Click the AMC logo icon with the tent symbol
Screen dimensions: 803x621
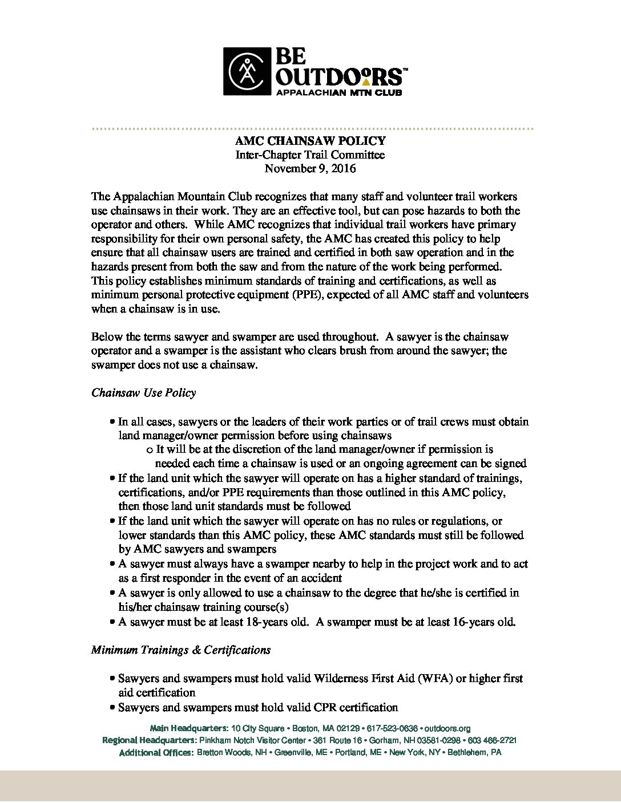pyautogui.click(x=247, y=71)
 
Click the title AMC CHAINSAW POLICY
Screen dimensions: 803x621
pyautogui.click(x=310, y=141)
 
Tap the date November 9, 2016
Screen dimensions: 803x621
pyautogui.click(x=310, y=168)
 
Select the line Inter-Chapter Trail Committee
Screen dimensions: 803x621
pyautogui.click(x=310, y=155)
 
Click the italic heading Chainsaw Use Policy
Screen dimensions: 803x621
pyautogui.click(x=143, y=392)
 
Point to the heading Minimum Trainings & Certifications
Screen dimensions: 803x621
pyautogui.click(x=180, y=650)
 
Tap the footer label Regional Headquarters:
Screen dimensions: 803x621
pyautogui.click(x=149, y=740)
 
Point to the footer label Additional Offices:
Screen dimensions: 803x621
pyautogui.click(x=156, y=753)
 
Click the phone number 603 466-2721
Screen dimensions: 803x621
pyautogui.click(x=492, y=740)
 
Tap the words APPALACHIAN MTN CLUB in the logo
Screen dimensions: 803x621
pyautogui.click(x=338, y=92)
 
